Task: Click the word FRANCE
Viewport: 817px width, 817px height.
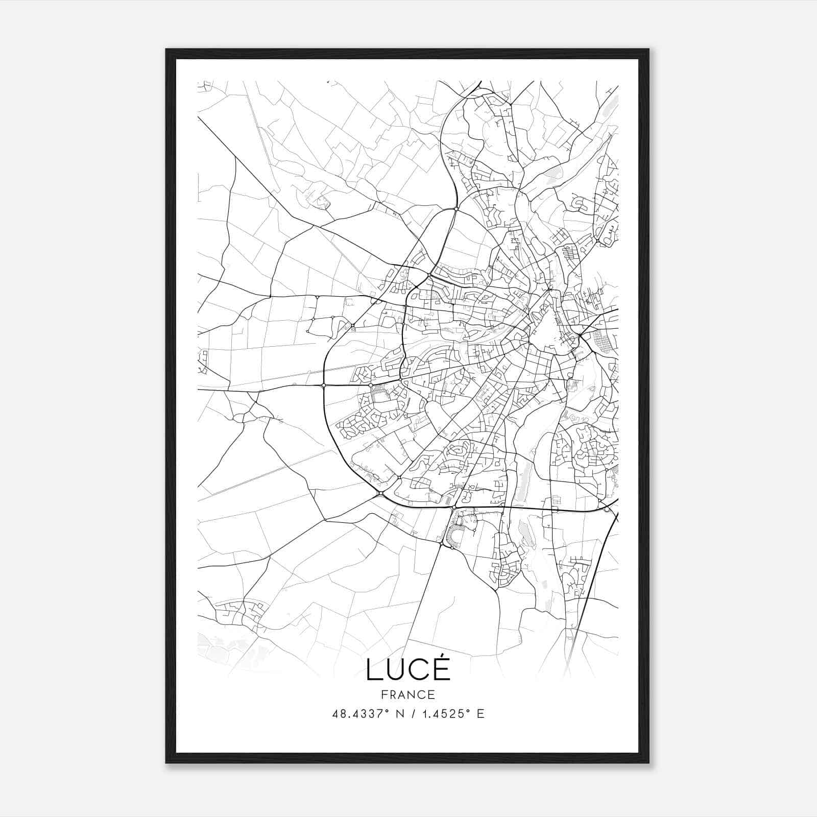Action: pyautogui.click(x=408, y=695)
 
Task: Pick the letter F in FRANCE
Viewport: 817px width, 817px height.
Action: pyautogui.click(x=384, y=695)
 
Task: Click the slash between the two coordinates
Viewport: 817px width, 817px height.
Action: pyautogui.click(x=412, y=714)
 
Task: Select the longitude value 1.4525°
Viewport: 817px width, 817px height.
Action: pyautogui.click(x=446, y=714)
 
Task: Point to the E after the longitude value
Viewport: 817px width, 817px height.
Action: pyautogui.click(x=480, y=714)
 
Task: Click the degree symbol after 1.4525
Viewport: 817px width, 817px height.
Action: pyautogui.click(x=469, y=711)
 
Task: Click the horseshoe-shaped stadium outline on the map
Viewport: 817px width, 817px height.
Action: pyautogui.click(x=453, y=536)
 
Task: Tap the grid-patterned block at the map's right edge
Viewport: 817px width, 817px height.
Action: pyautogui.click(x=602, y=341)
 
